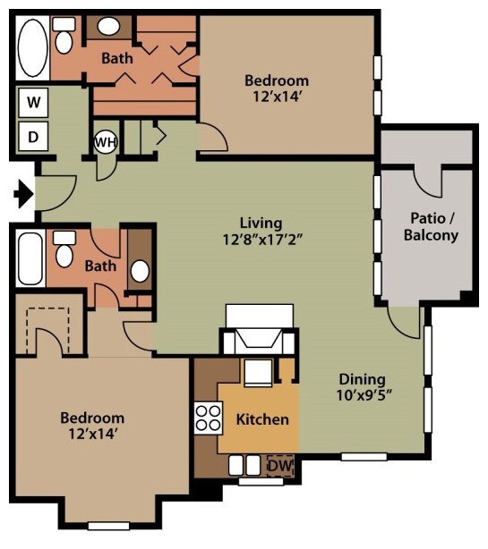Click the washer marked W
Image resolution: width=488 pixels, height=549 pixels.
pyautogui.click(x=33, y=102)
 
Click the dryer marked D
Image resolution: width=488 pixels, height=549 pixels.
pyautogui.click(x=33, y=136)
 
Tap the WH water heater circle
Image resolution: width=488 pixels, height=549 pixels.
pyautogui.click(x=106, y=142)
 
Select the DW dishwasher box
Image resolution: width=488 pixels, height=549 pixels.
pyautogui.click(x=280, y=466)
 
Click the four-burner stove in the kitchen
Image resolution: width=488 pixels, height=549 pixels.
pyautogui.click(x=209, y=418)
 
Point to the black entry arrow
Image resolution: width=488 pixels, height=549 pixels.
pyautogui.click(x=23, y=194)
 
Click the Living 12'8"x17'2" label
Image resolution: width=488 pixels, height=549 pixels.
pyautogui.click(x=262, y=232)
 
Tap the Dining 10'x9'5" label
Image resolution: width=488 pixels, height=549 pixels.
pyautogui.click(x=364, y=387)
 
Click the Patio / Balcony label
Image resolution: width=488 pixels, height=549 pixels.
pyautogui.click(x=432, y=226)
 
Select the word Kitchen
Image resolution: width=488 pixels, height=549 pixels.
pyautogui.click(x=262, y=419)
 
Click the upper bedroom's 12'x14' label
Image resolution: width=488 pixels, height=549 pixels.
pyautogui.click(x=278, y=97)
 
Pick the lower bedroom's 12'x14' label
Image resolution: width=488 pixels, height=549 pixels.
pyautogui.click(x=92, y=435)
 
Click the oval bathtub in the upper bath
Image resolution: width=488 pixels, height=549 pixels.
pyautogui.click(x=32, y=48)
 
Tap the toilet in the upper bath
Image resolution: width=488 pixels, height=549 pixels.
pyautogui.click(x=64, y=36)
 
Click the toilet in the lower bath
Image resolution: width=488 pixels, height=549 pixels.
pyautogui.click(x=64, y=249)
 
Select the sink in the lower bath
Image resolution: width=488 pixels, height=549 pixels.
pyautogui.click(x=140, y=271)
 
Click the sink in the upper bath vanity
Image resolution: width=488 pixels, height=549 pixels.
pyautogui.click(x=108, y=26)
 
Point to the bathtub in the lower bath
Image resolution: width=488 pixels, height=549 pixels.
pyautogui.click(x=30, y=258)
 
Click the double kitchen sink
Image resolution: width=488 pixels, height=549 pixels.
pyautogui.click(x=244, y=465)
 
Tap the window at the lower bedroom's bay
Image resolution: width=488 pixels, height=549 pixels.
pyautogui.click(x=108, y=526)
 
